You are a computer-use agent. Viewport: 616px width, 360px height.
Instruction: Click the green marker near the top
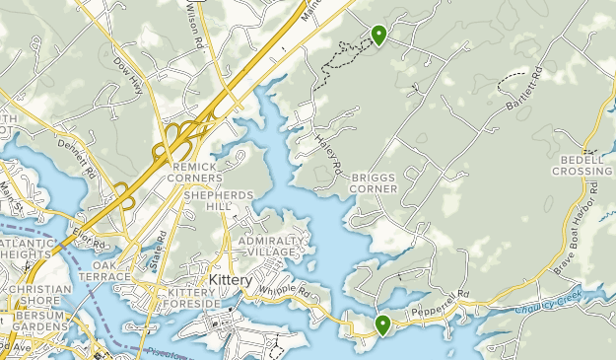pos(378,36)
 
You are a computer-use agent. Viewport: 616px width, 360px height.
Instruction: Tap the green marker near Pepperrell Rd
pos(382,324)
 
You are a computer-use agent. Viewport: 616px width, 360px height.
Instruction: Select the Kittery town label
pos(232,280)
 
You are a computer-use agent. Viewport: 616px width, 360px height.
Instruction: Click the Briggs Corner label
pos(374,183)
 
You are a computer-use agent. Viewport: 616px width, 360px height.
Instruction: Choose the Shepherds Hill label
pos(219,201)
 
